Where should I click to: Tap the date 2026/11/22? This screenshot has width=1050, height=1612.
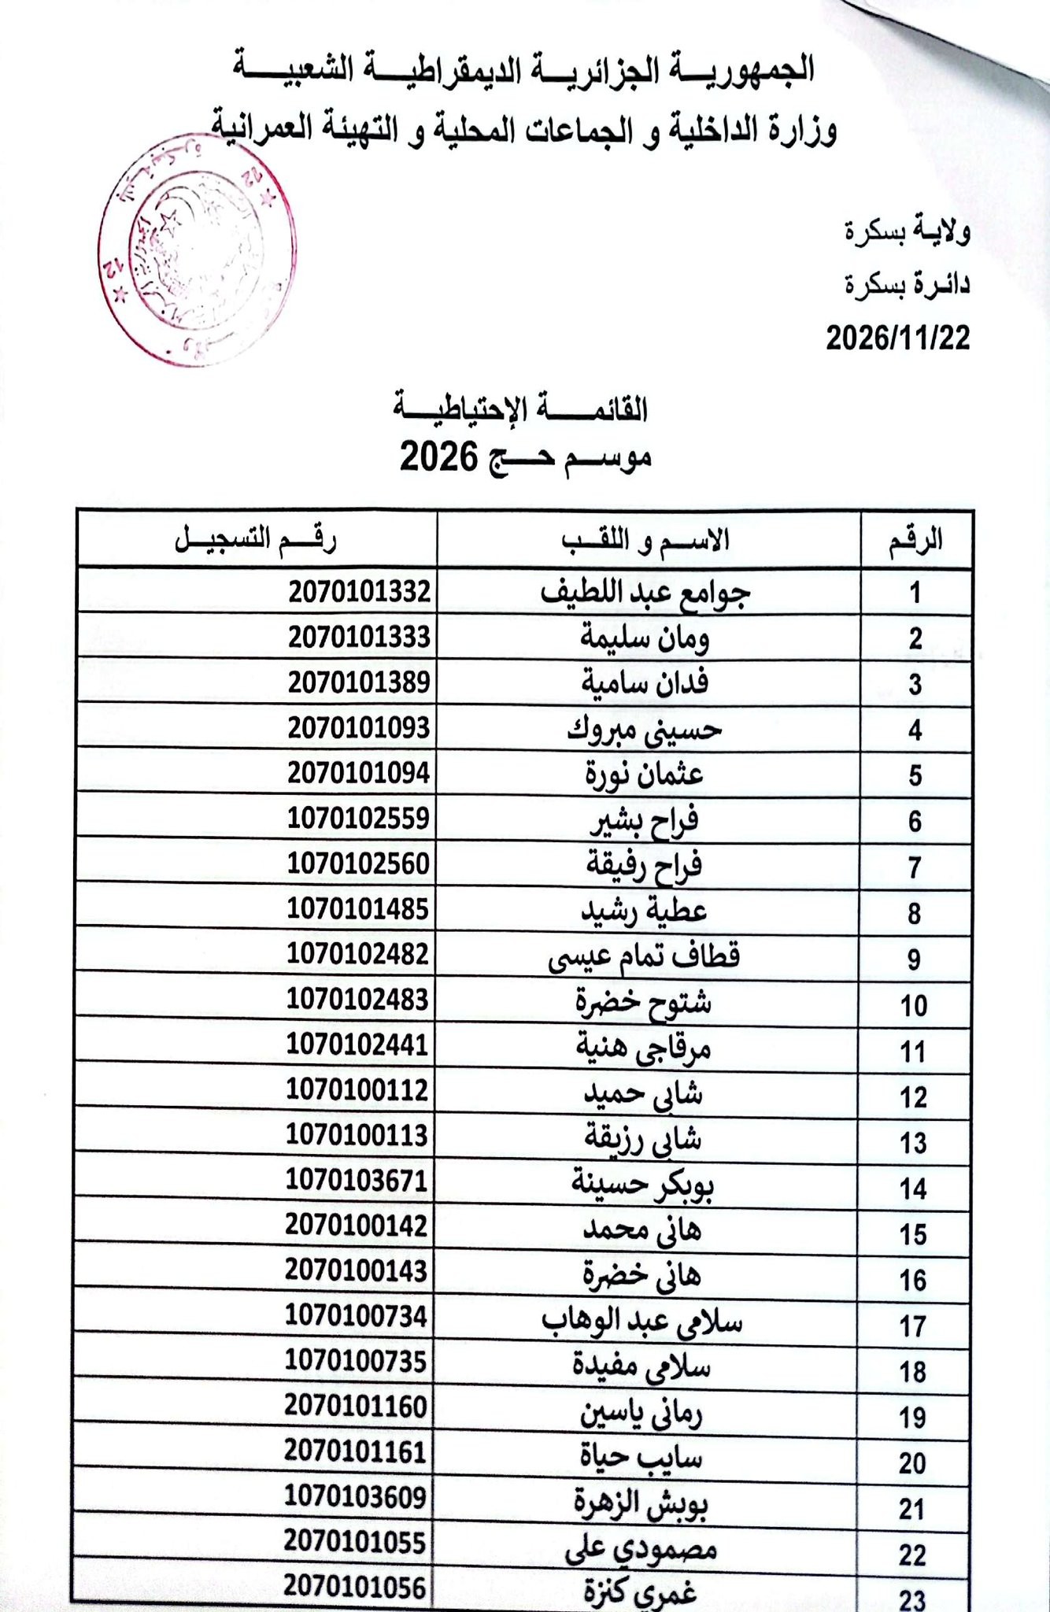[897, 338]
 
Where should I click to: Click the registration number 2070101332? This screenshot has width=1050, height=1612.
[360, 591]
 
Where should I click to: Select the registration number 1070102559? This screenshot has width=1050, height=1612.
[358, 819]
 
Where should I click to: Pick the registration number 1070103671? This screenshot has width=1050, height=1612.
[357, 1181]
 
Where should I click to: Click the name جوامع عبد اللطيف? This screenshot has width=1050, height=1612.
[646, 593]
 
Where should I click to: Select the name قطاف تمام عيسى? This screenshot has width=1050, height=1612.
[644, 957]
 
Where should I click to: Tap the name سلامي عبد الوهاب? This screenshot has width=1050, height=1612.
[642, 1320]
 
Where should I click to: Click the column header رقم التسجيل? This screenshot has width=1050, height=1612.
[256, 539]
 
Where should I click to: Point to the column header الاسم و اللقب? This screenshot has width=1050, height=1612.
[645, 540]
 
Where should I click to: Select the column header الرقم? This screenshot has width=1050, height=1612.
[915, 540]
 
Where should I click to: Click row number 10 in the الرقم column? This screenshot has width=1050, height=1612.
[913, 1005]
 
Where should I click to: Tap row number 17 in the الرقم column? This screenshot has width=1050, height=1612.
[913, 1326]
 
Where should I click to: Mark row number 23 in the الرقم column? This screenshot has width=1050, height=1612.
[912, 1599]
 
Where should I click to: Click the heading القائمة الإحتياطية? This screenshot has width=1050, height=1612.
[522, 409]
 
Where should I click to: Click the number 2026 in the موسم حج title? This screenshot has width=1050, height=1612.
[439, 457]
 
